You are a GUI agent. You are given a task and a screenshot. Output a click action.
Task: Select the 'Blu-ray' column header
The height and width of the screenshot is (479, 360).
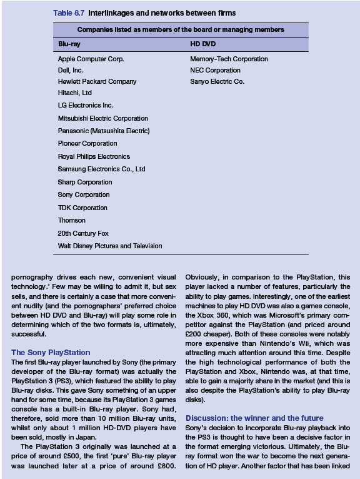pos(69,45)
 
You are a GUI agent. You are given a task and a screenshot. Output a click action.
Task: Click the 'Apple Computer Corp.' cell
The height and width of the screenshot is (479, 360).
pos(91,59)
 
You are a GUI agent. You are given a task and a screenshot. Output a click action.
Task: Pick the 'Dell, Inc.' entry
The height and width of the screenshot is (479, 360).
pos(71,71)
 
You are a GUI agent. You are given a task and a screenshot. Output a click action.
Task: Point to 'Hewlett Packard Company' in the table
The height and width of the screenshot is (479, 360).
pos(97,82)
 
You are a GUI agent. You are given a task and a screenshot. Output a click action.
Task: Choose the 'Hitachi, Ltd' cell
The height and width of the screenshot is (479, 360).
pos(75,93)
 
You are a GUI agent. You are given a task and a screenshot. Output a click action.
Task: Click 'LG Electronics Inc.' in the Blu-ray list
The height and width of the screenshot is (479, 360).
pos(86,106)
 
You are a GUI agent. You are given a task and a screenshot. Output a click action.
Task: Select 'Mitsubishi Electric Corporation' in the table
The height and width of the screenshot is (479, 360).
pos(103,118)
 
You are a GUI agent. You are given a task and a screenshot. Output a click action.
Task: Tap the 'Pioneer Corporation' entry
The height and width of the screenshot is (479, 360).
pos(87,143)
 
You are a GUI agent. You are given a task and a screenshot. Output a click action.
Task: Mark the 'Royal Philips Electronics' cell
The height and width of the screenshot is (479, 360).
pos(94,156)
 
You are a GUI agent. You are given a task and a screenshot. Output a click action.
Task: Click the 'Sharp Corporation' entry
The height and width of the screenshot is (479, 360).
pos(85,182)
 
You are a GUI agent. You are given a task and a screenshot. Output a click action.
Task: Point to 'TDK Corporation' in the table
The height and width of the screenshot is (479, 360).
pos(82,208)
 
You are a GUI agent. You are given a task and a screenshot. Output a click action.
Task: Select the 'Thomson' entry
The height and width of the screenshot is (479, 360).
pos(72,220)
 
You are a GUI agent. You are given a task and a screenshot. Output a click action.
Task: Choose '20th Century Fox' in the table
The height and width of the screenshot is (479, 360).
pos(83,233)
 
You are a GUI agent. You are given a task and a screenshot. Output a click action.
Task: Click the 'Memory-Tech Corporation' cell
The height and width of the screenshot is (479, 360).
pos(229,59)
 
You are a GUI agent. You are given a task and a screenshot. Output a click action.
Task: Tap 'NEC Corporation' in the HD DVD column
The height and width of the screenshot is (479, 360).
pos(215,71)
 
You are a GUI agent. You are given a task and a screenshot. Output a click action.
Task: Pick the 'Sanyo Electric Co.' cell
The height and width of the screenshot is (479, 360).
pos(217,82)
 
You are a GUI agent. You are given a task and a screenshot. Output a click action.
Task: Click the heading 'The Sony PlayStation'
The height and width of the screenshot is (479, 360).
pos(51,353)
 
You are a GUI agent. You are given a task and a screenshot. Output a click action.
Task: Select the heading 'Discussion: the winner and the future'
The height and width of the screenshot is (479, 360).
pos(254,418)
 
